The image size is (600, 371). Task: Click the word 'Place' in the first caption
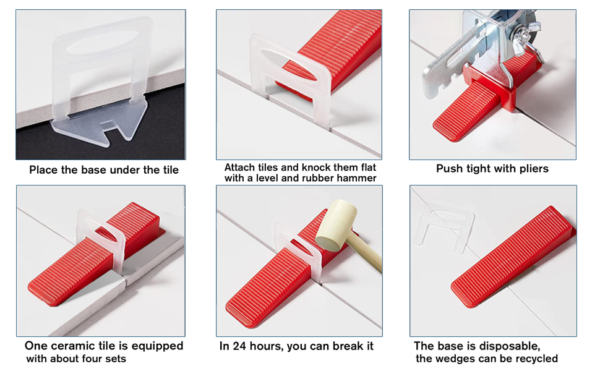pyautogui.click(x=43, y=170)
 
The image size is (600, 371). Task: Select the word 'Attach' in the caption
pyautogui.click(x=239, y=168)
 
